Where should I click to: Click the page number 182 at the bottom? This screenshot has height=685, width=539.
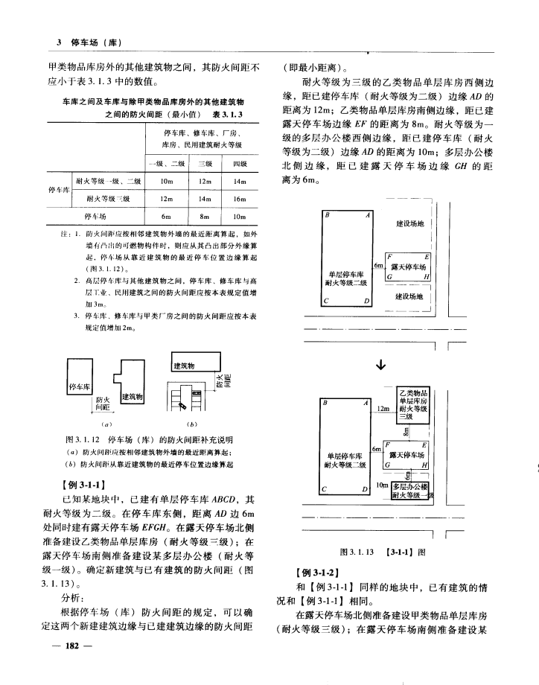coord(72,646)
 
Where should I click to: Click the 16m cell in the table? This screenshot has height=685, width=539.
coord(240,199)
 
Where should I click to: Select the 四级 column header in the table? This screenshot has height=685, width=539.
coord(240,163)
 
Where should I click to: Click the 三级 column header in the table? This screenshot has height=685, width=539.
coord(204,163)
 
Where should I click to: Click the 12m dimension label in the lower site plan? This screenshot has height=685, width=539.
coord(384,409)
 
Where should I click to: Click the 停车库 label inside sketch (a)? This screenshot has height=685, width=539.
coord(79,388)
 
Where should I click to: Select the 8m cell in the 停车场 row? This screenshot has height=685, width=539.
coord(204,216)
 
